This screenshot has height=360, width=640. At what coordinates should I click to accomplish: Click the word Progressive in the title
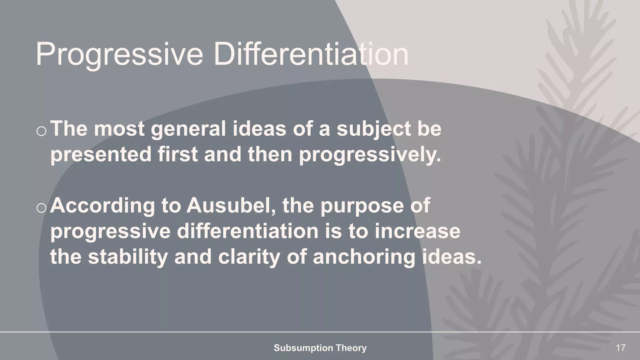119,55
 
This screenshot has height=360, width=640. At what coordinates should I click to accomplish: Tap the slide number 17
620,348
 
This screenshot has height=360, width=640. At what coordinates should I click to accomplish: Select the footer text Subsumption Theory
320,348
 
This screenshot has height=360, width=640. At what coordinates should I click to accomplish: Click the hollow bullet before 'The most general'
41,132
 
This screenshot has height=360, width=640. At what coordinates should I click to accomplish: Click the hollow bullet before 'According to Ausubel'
41,208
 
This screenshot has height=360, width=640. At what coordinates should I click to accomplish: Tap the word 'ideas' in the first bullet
259,129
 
